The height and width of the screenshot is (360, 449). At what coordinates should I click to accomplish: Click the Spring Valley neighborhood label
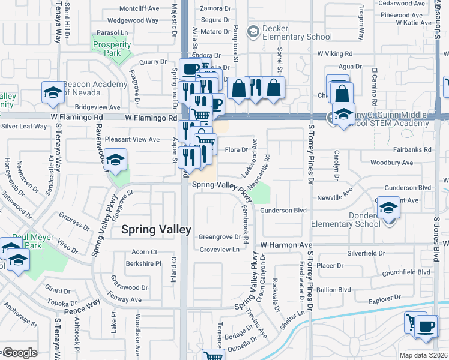[x=156, y=229]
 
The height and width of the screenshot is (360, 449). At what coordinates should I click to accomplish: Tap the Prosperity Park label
[x=112, y=49]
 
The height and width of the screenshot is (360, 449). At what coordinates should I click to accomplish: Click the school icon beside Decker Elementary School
[x=253, y=31]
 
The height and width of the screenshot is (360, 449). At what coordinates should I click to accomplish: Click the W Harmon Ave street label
[x=286, y=245]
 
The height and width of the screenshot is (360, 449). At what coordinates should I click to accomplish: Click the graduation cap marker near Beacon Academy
[x=52, y=92]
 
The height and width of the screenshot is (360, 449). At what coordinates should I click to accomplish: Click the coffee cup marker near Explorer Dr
[x=426, y=327]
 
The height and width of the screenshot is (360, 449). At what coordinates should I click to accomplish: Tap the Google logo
[x=19, y=353]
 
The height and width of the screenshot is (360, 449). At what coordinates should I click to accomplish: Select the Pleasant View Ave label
[x=133, y=139]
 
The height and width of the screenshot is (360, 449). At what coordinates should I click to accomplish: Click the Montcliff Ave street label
[x=139, y=8]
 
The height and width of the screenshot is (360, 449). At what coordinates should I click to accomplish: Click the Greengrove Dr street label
[x=219, y=237]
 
